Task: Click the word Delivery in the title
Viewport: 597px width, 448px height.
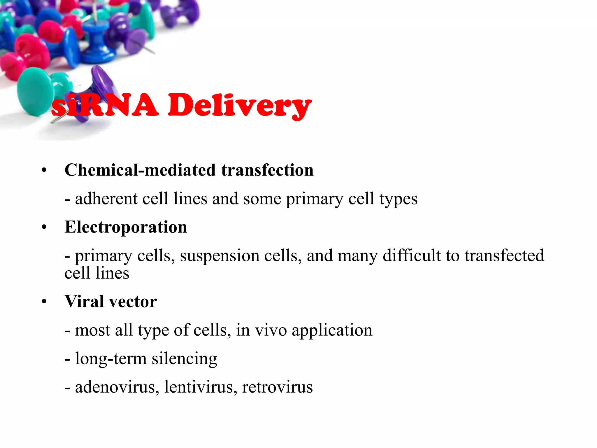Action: (x=240, y=106)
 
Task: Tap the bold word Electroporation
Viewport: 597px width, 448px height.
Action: (x=126, y=227)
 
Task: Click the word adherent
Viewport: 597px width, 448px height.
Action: (x=106, y=199)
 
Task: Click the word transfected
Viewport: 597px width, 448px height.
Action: (x=504, y=256)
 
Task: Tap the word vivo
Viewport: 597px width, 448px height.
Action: (x=271, y=330)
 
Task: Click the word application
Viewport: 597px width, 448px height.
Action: (x=332, y=331)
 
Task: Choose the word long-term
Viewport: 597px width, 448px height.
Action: (x=111, y=358)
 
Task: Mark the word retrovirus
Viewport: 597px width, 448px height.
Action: (x=277, y=387)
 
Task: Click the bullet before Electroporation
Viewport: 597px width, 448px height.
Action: (x=44, y=227)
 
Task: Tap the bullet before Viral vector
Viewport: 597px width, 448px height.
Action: (x=44, y=302)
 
